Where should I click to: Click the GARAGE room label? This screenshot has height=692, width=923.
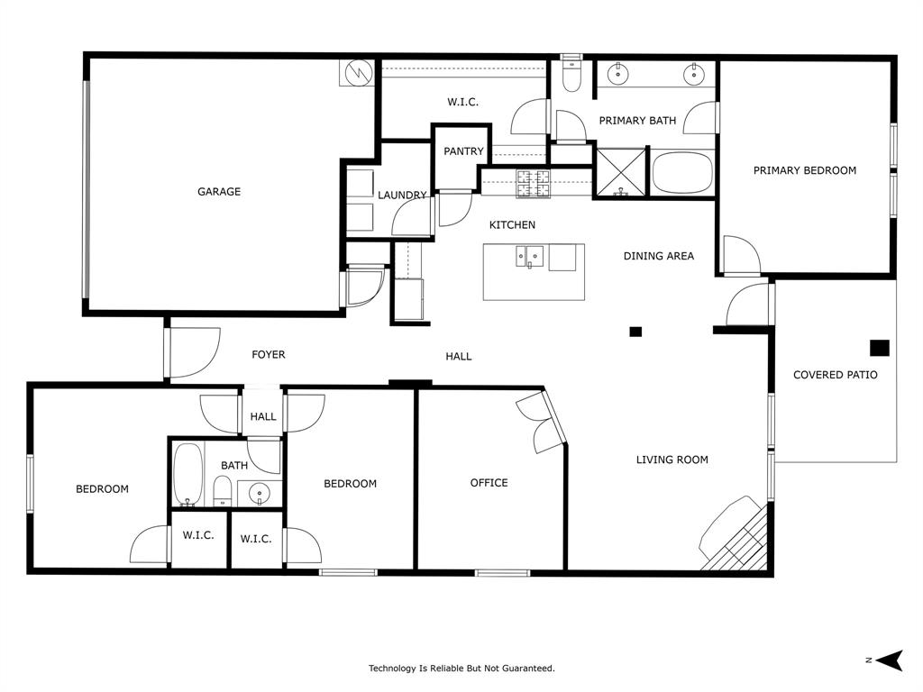219,191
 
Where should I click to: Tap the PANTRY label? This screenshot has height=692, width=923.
463,151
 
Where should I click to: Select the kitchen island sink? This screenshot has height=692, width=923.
528,257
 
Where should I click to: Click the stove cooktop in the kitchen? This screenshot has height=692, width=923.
533,184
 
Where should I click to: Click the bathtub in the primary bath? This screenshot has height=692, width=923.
682,173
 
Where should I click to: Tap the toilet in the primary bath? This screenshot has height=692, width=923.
571,77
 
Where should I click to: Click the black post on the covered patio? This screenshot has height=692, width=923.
880,348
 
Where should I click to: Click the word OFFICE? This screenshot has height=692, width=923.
489,483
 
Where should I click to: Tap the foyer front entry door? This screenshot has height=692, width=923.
192,352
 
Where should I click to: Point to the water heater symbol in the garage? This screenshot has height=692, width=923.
358,72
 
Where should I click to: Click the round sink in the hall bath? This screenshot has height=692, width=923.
260,493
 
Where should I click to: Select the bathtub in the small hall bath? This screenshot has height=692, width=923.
188,474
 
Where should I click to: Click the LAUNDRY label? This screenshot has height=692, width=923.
402,196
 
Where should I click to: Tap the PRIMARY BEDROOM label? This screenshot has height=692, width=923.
804,170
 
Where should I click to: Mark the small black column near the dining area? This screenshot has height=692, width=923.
635,332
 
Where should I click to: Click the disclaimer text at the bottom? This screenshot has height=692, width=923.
461,669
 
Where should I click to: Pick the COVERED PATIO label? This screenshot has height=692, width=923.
835,375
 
